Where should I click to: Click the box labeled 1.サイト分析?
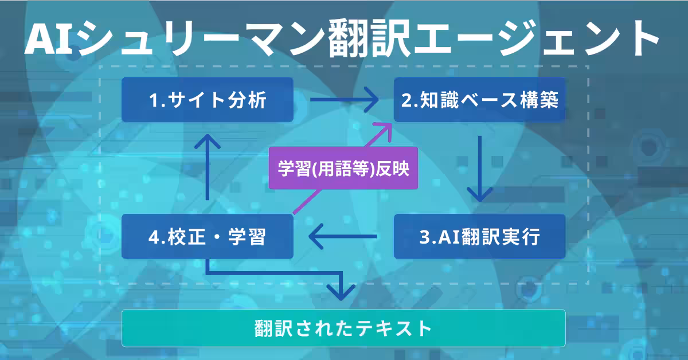coord(208,100)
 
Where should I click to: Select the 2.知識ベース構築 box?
coord(479,100)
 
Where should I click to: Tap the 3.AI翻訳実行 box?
coord(479,237)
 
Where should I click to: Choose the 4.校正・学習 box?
coord(208,237)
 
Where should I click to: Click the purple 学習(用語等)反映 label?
coord(343,170)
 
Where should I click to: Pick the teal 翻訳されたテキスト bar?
coord(343,328)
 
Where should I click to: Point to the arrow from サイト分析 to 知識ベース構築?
coord(344,100)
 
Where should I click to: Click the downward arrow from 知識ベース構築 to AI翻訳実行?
coord(480,169)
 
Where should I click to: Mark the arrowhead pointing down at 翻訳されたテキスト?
coord(342,292)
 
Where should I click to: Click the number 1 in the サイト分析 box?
coord(153,101)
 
